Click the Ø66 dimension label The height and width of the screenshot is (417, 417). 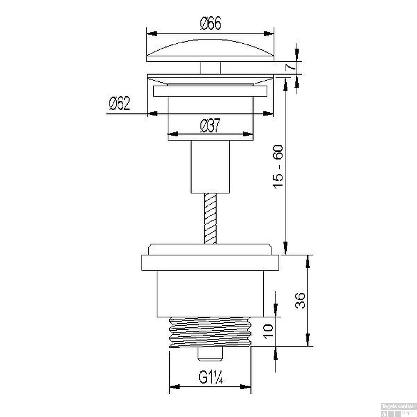click(210, 23)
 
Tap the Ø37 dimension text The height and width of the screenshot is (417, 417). click(210, 125)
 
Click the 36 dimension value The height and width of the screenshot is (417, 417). click(300, 301)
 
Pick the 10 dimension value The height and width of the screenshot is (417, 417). click(269, 331)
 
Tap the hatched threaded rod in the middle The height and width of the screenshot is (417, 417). click(210, 219)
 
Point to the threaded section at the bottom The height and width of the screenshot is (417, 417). click(210, 332)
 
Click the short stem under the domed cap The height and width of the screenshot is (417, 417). click(210, 68)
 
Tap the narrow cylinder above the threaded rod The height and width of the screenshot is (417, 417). click(210, 167)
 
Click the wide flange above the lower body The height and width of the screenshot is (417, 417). click(210, 262)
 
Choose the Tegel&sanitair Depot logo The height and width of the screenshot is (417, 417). click(398, 410)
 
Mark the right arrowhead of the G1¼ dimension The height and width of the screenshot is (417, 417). click(246, 387)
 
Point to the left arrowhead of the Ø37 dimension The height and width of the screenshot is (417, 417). click(173, 134)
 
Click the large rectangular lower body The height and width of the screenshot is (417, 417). click(210, 294)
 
